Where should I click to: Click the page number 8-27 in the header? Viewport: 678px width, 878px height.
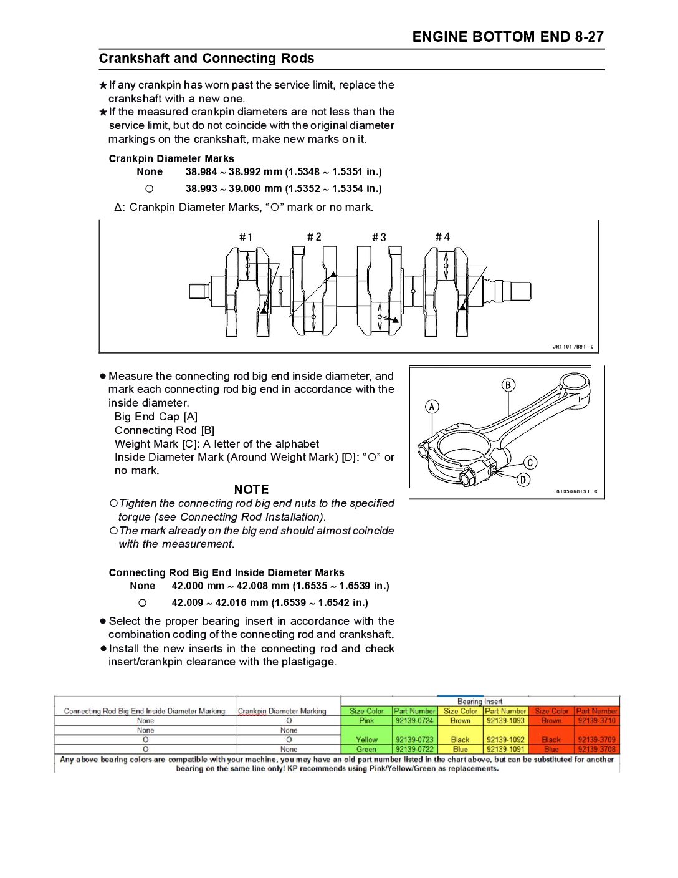590,37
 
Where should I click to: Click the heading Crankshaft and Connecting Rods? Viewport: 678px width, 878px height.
206,59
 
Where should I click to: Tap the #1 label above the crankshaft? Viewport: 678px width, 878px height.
246,238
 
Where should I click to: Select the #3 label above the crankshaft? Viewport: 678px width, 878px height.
379,238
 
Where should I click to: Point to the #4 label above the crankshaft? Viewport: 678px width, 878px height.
442,237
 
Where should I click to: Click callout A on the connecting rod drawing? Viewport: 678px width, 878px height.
432,407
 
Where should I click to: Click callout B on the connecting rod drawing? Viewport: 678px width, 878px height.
508,385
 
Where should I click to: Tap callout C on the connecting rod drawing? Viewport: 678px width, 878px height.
530,463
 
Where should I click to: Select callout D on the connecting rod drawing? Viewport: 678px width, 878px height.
523,480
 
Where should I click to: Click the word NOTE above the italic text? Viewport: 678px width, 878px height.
251,490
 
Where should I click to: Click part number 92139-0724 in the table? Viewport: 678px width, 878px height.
414,721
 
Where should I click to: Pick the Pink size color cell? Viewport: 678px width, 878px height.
366,721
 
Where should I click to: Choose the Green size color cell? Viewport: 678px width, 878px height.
366,750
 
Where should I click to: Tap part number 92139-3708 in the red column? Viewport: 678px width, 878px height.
596,750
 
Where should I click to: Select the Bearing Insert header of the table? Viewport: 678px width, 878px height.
479,702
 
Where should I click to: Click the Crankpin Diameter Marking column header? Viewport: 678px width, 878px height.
282,711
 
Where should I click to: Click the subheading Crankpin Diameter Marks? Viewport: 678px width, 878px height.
171,158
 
